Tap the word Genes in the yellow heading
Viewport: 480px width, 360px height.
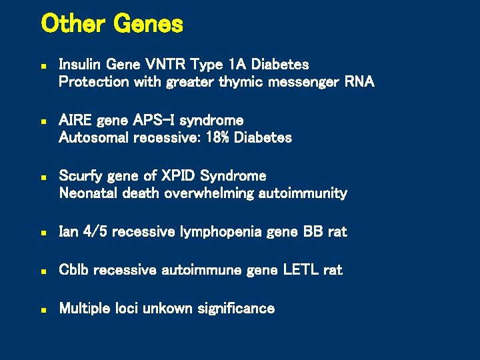(148, 25)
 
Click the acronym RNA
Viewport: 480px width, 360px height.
(359, 82)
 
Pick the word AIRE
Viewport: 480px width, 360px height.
(75, 120)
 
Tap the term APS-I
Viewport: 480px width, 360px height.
(155, 120)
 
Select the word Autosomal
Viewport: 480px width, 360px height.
(94, 137)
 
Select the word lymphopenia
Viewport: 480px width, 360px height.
(221, 232)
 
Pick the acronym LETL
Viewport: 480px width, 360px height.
(301, 270)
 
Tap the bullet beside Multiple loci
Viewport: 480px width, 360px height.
(43, 309)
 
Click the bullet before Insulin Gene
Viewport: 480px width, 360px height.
(43, 66)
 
